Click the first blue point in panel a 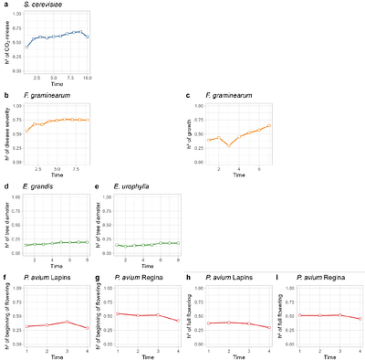point(28,46)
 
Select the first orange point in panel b point(28,130)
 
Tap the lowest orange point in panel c point(230,144)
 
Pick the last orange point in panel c point(269,126)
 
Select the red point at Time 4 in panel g point(177,321)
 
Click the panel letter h point(188,276)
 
